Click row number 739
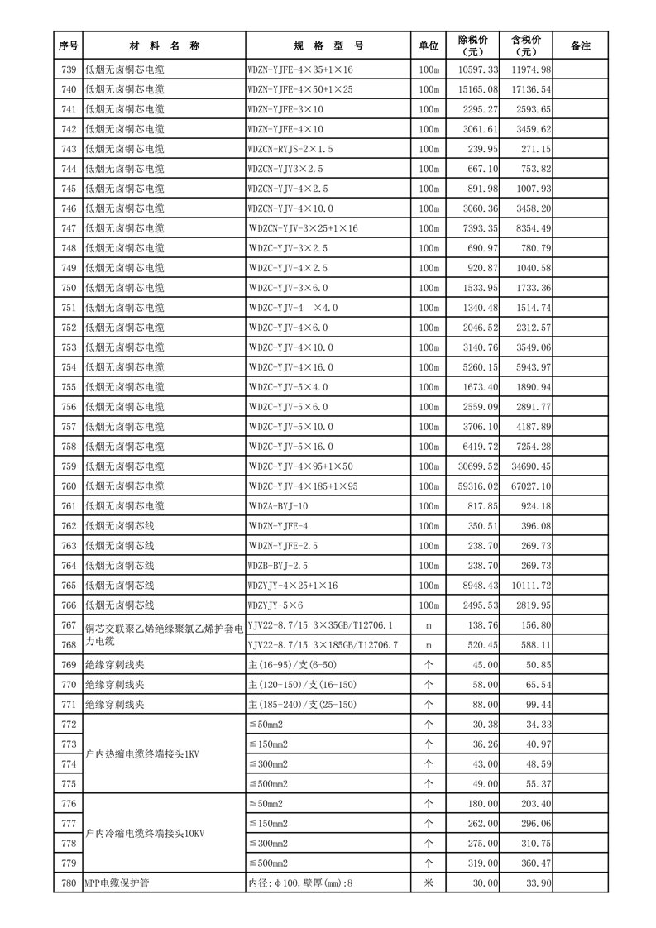pyautogui.click(x=69, y=69)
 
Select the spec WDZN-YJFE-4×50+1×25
pyautogui.click(x=299, y=89)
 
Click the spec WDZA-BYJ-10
pyautogui.click(x=278, y=506)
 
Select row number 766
pyautogui.click(x=69, y=605)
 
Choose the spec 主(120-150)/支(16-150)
pyautogui.click(x=302, y=685)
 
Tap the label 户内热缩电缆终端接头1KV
pyautogui.click(x=142, y=754)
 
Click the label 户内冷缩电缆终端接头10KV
pyautogui.click(x=145, y=834)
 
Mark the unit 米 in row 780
pyautogui.click(x=429, y=883)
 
